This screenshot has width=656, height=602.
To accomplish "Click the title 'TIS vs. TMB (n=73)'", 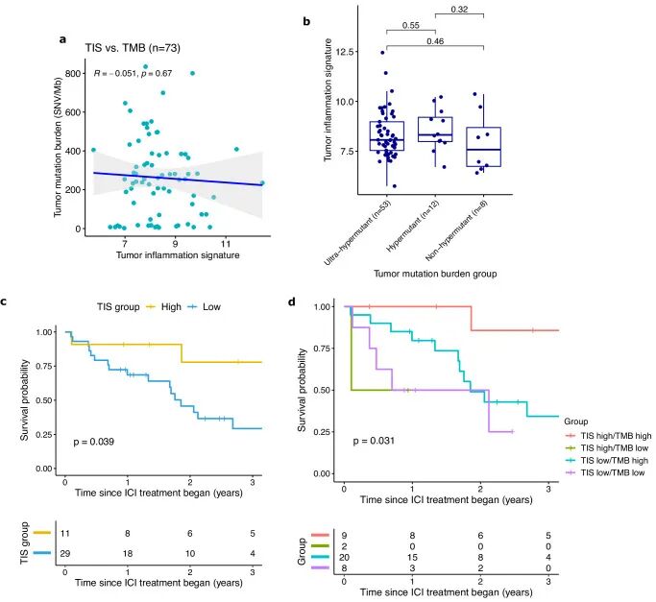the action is click(x=133, y=48).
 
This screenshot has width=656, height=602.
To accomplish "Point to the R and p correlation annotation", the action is click(x=134, y=73).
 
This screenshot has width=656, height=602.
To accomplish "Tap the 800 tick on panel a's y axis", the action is click(x=73, y=74).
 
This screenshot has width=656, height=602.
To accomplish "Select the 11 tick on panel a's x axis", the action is click(x=226, y=244).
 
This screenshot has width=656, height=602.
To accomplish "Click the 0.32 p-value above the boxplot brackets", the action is click(x=459, y=10).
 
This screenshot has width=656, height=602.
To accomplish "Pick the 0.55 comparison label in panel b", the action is click(x=411, y=26).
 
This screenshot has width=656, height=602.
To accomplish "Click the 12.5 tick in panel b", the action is click(x=344, y=52).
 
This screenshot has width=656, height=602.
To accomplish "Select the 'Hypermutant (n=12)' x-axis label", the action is click(x=412, y=226).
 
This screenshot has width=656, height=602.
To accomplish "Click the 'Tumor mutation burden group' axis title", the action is click(x=435, y=274).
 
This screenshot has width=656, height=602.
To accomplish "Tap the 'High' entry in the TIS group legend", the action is click(x=171, y=306).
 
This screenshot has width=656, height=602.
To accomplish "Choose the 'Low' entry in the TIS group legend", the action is click(x=211, y=306).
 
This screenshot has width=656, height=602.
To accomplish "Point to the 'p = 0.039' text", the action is click(x=94, y=442).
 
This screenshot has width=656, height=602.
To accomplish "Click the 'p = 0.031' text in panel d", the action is click(x=374, y=441).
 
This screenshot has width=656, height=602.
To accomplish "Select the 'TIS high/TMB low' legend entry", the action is click(x=614, y=448).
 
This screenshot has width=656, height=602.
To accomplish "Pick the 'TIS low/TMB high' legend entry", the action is click(x=614, y=461).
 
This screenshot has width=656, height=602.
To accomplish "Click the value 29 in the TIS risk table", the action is click(x=65, y=553).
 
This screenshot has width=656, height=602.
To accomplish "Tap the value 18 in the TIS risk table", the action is click(x=128, y=553).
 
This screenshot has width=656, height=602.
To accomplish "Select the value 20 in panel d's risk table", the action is click(x=344, y=557).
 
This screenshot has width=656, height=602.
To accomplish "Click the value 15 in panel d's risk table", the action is click(x=412, y=557).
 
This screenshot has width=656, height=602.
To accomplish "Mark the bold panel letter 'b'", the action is click(x=306, y=21).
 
